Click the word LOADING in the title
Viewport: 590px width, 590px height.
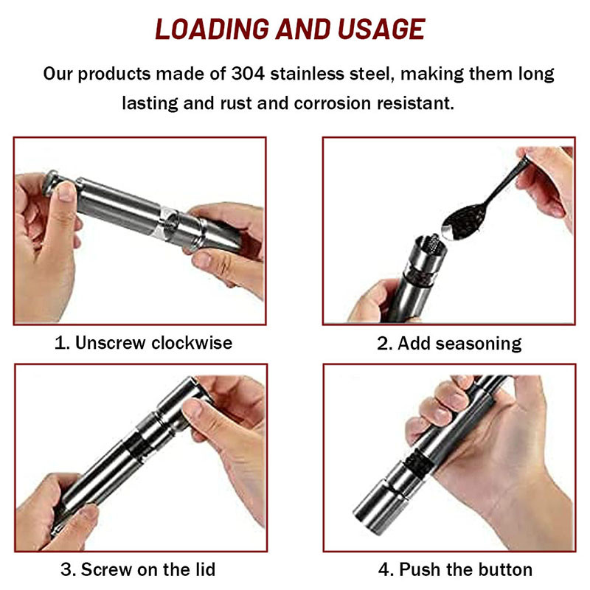coord(212,29)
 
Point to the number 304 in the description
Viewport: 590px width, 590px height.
coord(248,73)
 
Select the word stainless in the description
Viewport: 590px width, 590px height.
coord(307,73)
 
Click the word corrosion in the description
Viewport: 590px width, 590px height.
coord(333,103)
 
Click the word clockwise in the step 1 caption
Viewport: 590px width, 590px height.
coord(192,342)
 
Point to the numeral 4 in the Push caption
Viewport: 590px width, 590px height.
coord(383,569)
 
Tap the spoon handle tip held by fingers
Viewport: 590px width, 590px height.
coord(524,161)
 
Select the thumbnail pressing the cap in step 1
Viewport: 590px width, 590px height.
coord(67,192)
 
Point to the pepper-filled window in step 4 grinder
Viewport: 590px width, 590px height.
coord(418,465)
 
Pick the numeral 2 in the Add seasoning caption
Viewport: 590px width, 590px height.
coord(383,344)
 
